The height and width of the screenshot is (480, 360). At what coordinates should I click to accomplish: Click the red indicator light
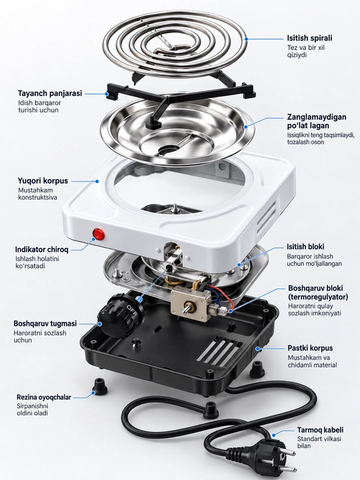pyautogui.click(x=99, y=235)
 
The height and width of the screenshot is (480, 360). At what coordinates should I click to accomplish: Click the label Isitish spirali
pyautogui.click(x=309, y=38)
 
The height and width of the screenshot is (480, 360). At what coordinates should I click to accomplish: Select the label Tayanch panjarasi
pyautogui.click(x=50, y=93)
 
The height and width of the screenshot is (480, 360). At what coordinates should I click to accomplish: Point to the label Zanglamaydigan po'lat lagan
pyautogui.click(x=317, y=121)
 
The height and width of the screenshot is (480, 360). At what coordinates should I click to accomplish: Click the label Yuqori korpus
pyautogui.click(x=43, y=181)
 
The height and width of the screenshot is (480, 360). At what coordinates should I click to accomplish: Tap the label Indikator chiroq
pyautogui.click(x=41, y=249)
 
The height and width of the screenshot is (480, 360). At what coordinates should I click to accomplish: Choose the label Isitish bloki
pyautogui.click(x=305, y=247)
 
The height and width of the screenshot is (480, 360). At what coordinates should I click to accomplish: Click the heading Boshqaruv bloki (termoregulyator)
pyautogui.click(x=318, y=293)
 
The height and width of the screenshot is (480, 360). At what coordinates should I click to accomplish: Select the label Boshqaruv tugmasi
pyautogui.click(x=45, y=323)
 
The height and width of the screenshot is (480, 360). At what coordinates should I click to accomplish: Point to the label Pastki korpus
pyautogui.click(x=310, y=348)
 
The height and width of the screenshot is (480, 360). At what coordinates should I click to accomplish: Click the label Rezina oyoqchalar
pyautogui.click(x=44, y=397)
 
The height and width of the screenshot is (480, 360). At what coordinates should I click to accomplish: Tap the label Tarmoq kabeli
pyautogui.click(x=320, y=430)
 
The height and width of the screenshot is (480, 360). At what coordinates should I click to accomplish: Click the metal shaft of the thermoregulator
pyautogui.click(x=187, y=309)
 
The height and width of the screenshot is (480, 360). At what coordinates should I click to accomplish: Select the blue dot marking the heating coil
pyautogui.click(x=246, y=39)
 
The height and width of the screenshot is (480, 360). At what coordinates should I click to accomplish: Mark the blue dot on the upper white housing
pyautogui.click(x=97, y=181)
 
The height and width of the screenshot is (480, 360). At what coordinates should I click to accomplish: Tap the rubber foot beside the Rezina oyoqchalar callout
pyautogui.click(x=99, y=386)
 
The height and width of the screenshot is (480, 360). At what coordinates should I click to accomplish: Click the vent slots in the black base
pyautogui.click(x=219, y=351)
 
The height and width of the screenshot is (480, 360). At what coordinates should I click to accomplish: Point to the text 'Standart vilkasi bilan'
pyautogui.click(x=319, y=443)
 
